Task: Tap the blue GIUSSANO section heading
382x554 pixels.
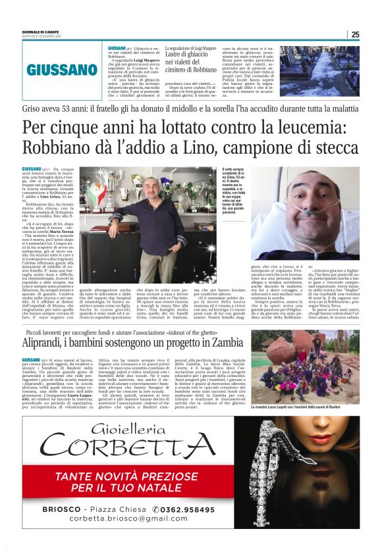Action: [x=63, y=69]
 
